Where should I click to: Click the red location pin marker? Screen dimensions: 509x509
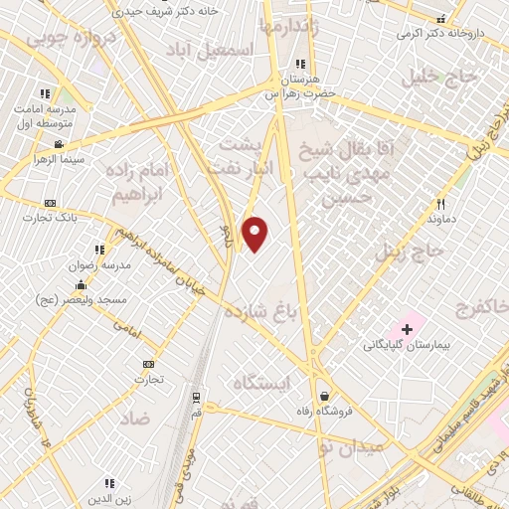[255, 234]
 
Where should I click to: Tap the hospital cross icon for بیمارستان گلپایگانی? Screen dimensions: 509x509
[407, 328]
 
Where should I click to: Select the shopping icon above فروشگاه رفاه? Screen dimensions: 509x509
[324, 396]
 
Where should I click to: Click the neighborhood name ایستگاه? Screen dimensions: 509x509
[259, 383]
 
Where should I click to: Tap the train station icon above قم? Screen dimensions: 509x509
[196, 396]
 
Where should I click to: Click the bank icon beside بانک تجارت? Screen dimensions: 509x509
[51, 203]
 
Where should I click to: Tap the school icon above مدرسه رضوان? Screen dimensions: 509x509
[99, 250]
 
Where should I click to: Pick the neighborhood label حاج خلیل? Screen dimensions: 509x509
[433, 77]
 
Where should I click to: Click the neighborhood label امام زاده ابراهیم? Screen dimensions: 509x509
[156, 183]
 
